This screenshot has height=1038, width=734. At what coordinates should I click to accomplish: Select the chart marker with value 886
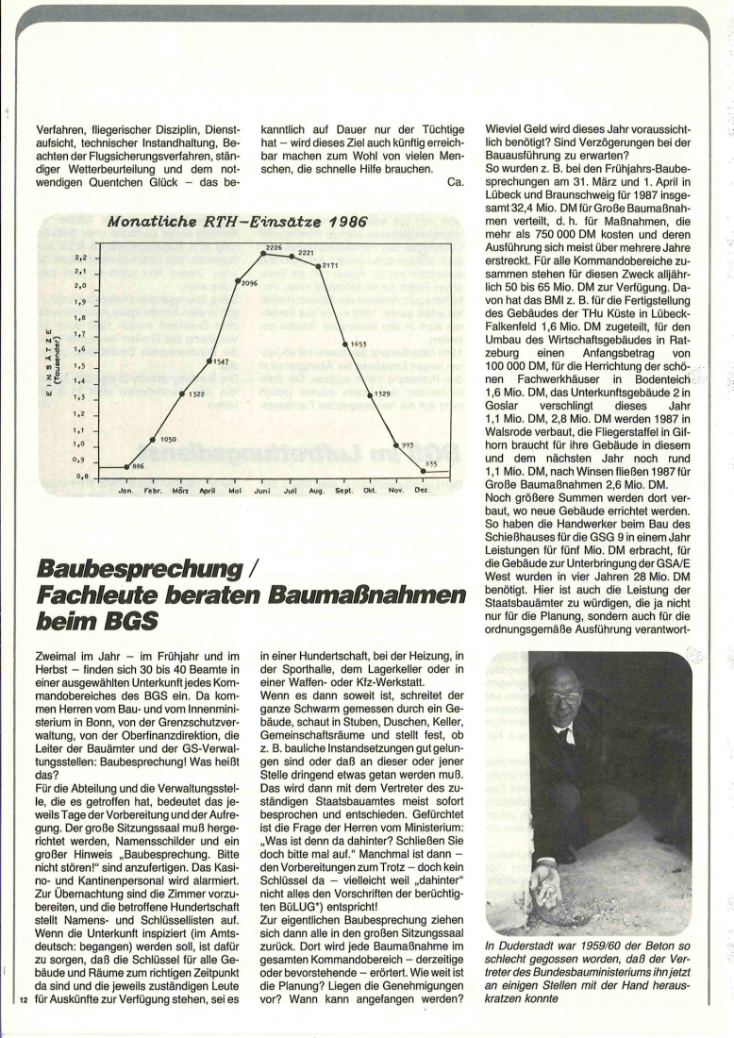[x=125, y=466]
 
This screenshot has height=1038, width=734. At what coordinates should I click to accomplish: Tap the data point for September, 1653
[x=344, y=344]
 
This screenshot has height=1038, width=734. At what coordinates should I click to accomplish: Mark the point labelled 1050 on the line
[x=153, y=439]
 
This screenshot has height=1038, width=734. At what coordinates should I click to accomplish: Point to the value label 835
[x=431, y=462]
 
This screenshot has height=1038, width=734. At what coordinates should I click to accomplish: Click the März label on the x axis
[x=179, y=491]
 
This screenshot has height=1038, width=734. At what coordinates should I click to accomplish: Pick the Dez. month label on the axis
[x=422, y=491]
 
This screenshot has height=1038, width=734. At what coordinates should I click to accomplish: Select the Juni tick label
[x=262, y=491]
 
